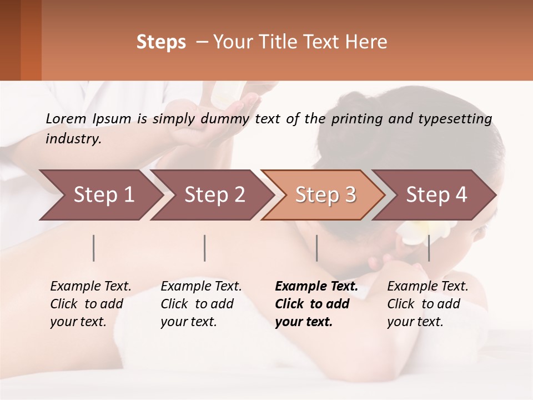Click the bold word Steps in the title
click(x=161, y=42)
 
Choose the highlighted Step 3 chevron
click(x=325, y=195)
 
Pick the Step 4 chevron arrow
click(x=436, y=195)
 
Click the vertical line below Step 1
click(x=94, y=248)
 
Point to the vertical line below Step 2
click(x=205, y=248)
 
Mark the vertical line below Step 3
click(x=317, y=248)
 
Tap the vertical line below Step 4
click(x=429, y=248)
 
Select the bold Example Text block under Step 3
click(x=316, y=304)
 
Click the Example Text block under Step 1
click(x=90, y=304)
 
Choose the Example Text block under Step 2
click(x=201, y=304)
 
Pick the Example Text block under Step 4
click(x=428, y=304)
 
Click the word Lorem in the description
click(x=66, y=118)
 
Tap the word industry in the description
click(x=73, y=139)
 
